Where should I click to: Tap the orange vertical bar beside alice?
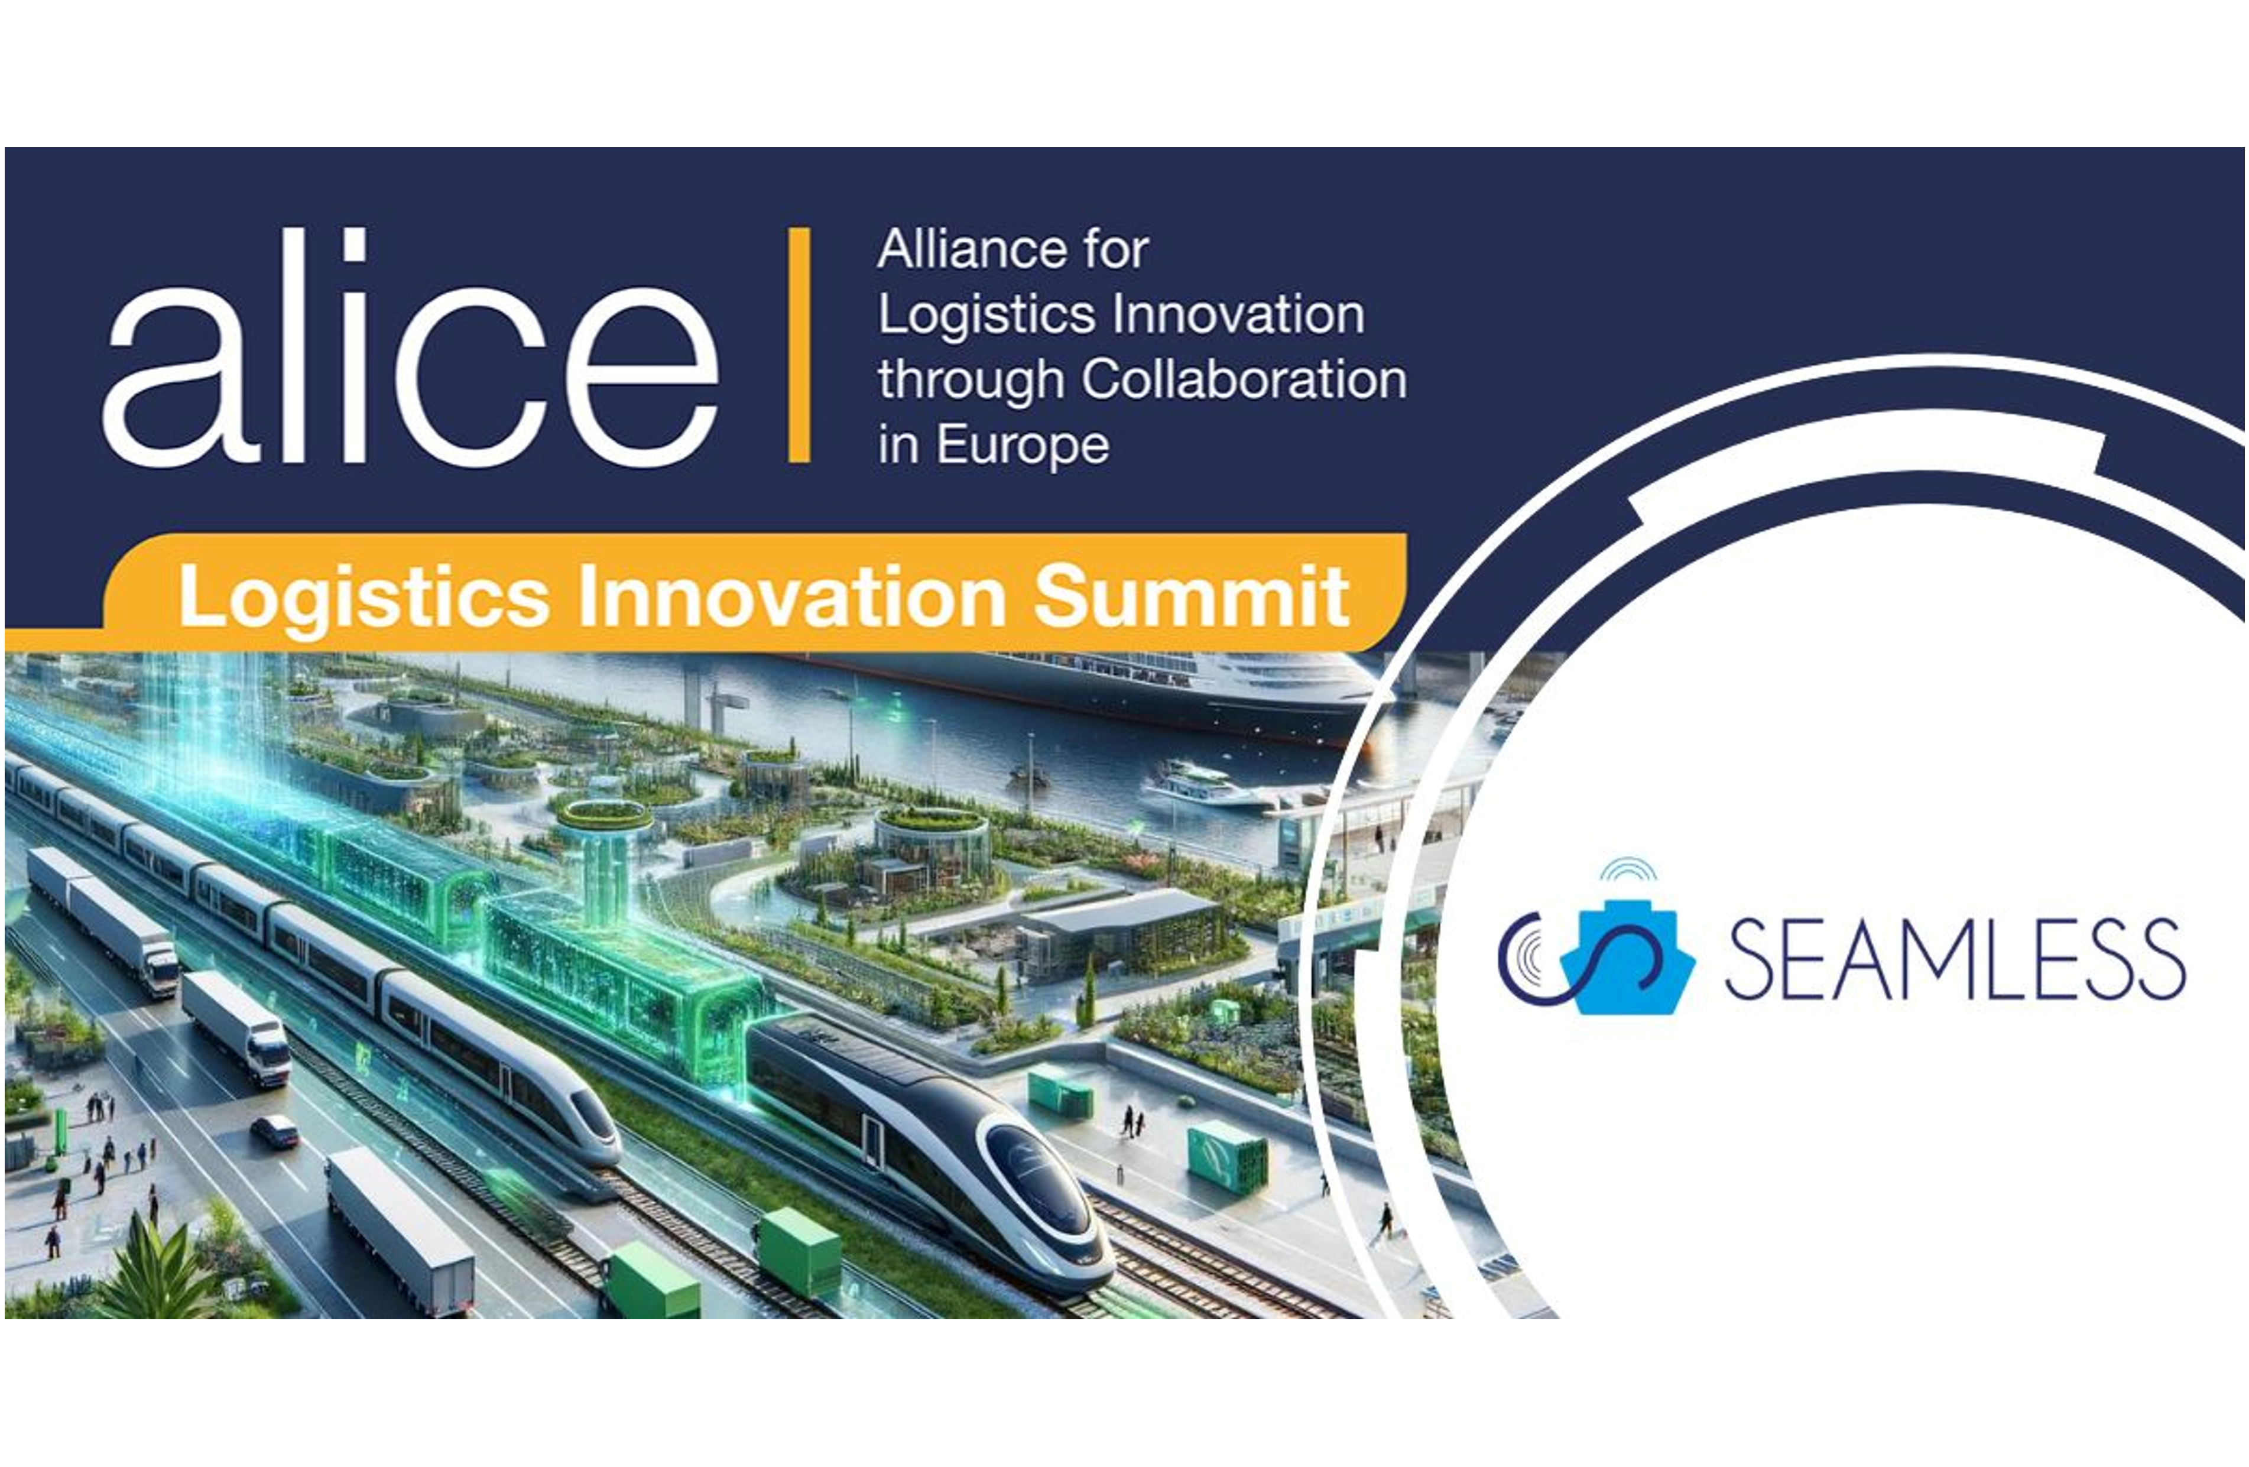[x=800, y=345]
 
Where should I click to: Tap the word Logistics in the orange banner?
[x=364, y=598]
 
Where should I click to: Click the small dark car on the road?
[x=275, y=1131]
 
